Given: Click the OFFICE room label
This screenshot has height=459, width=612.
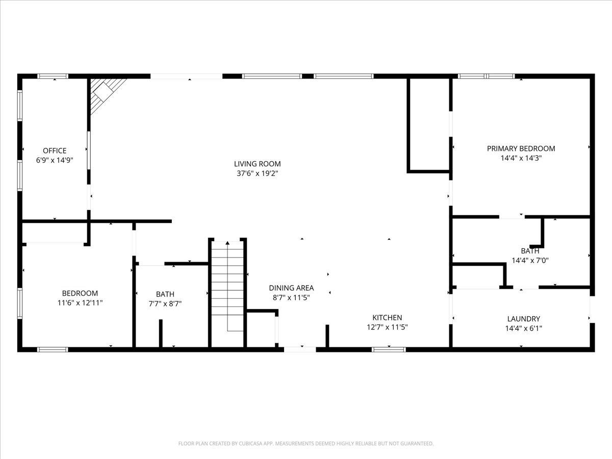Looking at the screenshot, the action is tap(55, 151).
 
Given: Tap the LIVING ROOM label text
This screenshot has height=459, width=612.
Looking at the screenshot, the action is tap(258, 164).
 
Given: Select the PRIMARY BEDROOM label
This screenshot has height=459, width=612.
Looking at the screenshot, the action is tap(521, 148).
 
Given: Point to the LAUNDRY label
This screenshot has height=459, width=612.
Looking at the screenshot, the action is tap(524, 319).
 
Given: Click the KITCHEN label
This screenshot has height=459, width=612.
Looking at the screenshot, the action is tap(387, 318).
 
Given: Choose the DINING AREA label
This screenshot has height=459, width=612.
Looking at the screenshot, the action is tap(291, 288).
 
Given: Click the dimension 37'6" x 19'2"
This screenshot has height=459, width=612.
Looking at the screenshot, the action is tap(258, 173).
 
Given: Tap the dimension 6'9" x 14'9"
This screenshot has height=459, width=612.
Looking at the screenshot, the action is tap(55, 160).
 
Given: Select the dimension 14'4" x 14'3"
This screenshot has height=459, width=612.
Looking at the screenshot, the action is tap(521, 158).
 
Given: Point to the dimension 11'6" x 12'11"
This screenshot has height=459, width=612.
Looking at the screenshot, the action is tap(80, 302).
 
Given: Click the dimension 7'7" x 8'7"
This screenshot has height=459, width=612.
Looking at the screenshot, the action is tap(165, 303).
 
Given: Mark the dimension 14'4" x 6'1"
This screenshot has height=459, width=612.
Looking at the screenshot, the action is tap(524, 328).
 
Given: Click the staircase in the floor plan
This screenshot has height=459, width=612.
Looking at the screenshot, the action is tap(227, 294).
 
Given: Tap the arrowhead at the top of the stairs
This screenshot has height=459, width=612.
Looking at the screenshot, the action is tap(227, 243).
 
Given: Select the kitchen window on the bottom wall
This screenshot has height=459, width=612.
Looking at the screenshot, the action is tap(389, 349).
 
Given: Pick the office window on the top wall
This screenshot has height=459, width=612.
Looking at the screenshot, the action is tap(53, 76).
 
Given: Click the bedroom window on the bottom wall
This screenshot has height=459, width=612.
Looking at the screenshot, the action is tap(53, 349).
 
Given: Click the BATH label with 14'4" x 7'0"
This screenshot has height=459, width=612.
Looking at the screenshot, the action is tap(530, 251).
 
